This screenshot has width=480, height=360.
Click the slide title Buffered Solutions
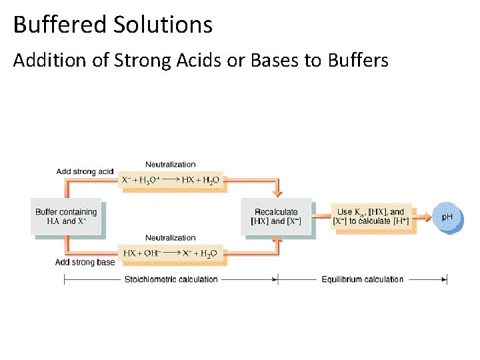click(113, 25)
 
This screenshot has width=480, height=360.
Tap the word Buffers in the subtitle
click(358, 61)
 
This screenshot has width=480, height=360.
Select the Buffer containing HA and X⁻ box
click(66, 216)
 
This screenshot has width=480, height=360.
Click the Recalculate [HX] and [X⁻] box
click(276, 216)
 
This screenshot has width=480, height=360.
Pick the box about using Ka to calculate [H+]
click(372, 217)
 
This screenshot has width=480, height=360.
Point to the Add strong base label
click(85, 262)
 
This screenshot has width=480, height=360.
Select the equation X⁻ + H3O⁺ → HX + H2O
click(171, 180)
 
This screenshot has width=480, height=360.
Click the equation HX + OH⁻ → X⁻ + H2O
click(171, 253)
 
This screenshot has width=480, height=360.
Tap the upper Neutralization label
click(171, 164)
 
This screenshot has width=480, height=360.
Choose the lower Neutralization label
click(171, 237)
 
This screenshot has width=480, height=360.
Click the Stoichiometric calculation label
click(171, 279)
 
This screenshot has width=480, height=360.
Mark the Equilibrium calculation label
click(362, 279)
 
